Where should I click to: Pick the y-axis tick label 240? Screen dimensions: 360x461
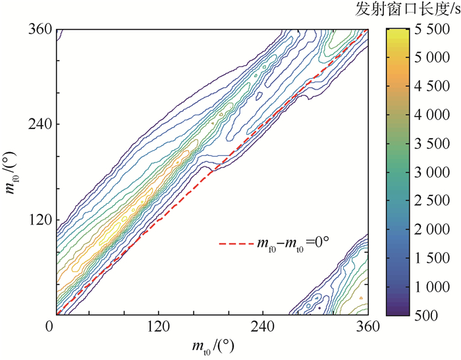click(41, 124)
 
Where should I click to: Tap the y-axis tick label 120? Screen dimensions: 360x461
click(41, 220)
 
